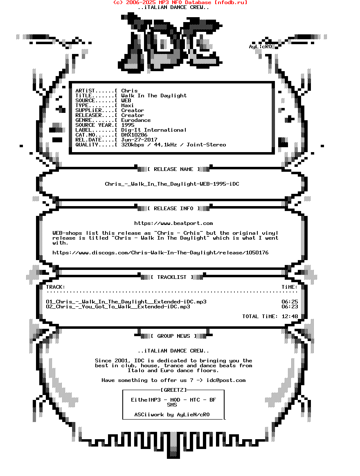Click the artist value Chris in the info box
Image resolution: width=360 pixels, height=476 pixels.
point(129,91)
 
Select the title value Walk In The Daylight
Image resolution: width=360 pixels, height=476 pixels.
point(154,96)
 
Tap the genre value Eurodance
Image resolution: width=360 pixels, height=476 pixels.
point(136,120)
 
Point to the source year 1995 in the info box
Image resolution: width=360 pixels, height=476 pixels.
point(128,125)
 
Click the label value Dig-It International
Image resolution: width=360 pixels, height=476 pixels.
point(154,130)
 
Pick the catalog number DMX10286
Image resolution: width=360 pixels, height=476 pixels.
point(134,135)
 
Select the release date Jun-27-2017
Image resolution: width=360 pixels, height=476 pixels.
point(139,139)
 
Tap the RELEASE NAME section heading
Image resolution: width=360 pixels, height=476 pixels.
point(173,169)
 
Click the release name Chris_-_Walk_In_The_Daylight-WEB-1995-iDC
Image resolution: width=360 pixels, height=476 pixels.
point(172,184)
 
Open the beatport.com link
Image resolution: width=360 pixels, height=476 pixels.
point(173,223)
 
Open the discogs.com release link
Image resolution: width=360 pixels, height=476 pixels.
point(160,253)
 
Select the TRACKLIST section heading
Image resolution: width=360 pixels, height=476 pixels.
point(172,277)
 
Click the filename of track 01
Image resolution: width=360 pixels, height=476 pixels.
point(126,302)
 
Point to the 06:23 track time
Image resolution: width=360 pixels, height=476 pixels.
point(290,307)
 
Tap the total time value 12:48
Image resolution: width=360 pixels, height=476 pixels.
point(290,317)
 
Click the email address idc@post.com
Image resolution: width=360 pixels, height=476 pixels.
point(226,380)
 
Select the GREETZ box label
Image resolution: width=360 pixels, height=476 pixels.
point(173,390)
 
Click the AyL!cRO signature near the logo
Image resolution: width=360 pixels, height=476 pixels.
point(260,47)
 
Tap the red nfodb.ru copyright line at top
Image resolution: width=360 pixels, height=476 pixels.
point(180,2)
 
